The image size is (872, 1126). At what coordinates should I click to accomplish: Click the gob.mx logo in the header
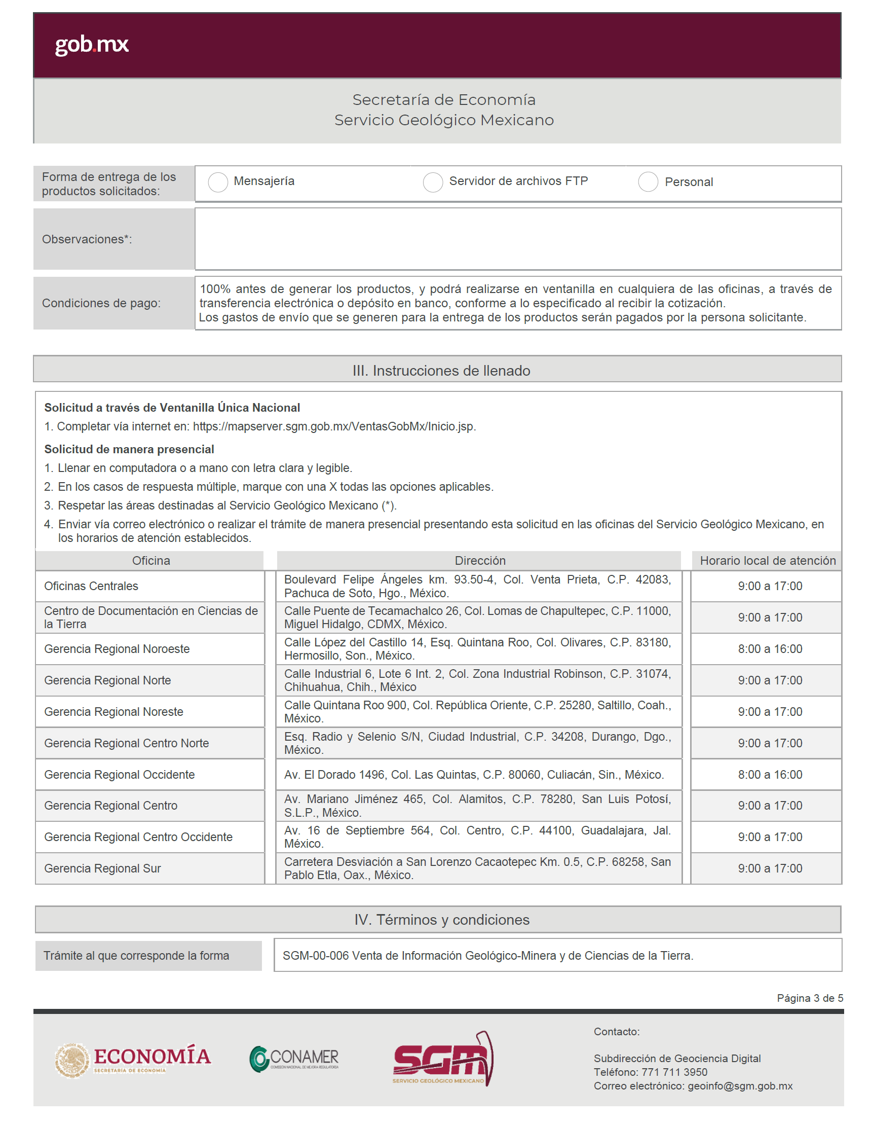tap(92, 45)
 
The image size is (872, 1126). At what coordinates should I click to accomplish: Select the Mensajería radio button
tap(218, 182)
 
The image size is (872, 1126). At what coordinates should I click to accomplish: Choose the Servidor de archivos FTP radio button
tap(433, 182)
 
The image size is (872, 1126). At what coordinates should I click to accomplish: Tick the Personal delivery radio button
tap(648, 182)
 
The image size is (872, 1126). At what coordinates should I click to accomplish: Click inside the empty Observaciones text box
tap(517, 239)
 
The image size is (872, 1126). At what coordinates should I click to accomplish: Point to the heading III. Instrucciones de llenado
tap(441, 371)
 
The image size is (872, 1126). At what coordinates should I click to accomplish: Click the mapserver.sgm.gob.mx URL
tap(334, 426)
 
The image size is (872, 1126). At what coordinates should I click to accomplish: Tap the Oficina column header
tap(151, 560)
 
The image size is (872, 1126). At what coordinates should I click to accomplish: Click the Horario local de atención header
tap(768, 560)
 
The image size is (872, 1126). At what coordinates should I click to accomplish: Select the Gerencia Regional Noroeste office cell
tap(117, 648)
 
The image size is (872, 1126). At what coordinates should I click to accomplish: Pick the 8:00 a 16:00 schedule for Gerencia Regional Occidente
tap(770, 774)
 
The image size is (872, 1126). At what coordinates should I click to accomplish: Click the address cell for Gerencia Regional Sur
tap(477, 868)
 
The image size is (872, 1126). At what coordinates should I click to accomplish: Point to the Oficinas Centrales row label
tap(91, 586)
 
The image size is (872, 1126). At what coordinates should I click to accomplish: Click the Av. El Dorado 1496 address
tap(474, 774)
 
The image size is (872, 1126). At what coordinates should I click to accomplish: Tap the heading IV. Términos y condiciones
tap(442, 920)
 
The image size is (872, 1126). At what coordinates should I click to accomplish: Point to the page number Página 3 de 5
tap(810, 998)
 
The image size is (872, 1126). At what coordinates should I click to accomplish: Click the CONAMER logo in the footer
tap(294, 1059)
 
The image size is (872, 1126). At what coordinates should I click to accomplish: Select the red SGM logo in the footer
tap(443, 1059)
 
